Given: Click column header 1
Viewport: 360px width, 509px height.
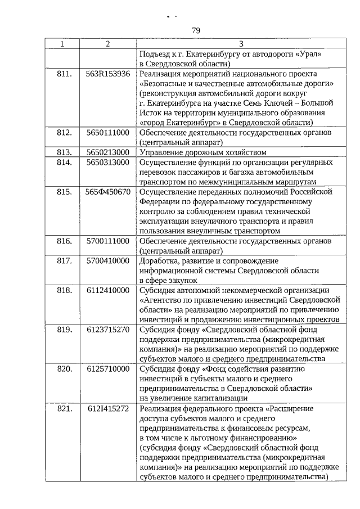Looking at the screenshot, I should click(63, 44).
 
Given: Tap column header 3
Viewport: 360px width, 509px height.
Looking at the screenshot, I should click(241, 44).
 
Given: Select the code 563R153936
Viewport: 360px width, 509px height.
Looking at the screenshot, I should click(108, 74).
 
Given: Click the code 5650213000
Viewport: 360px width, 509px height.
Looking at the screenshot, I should click(108, 152).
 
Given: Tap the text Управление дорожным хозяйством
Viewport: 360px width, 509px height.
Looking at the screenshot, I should click(202, 152).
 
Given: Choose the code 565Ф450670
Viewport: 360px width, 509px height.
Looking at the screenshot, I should click(108, 192).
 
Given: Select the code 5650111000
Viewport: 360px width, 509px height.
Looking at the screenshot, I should click(108, 133).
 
